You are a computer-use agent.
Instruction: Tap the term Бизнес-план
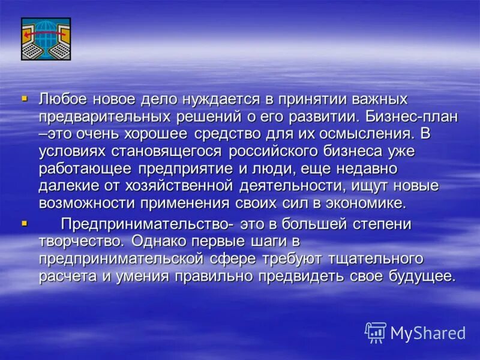[x=423, y=114]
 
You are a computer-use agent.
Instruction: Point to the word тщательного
[x=375, y=259]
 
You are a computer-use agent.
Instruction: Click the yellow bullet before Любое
[x=24, y=96]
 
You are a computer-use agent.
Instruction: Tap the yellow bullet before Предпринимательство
[x=24, y=223]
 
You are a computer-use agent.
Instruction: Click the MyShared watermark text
[x=427, y=333]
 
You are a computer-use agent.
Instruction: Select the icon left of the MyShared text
[x=376, y=332]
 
